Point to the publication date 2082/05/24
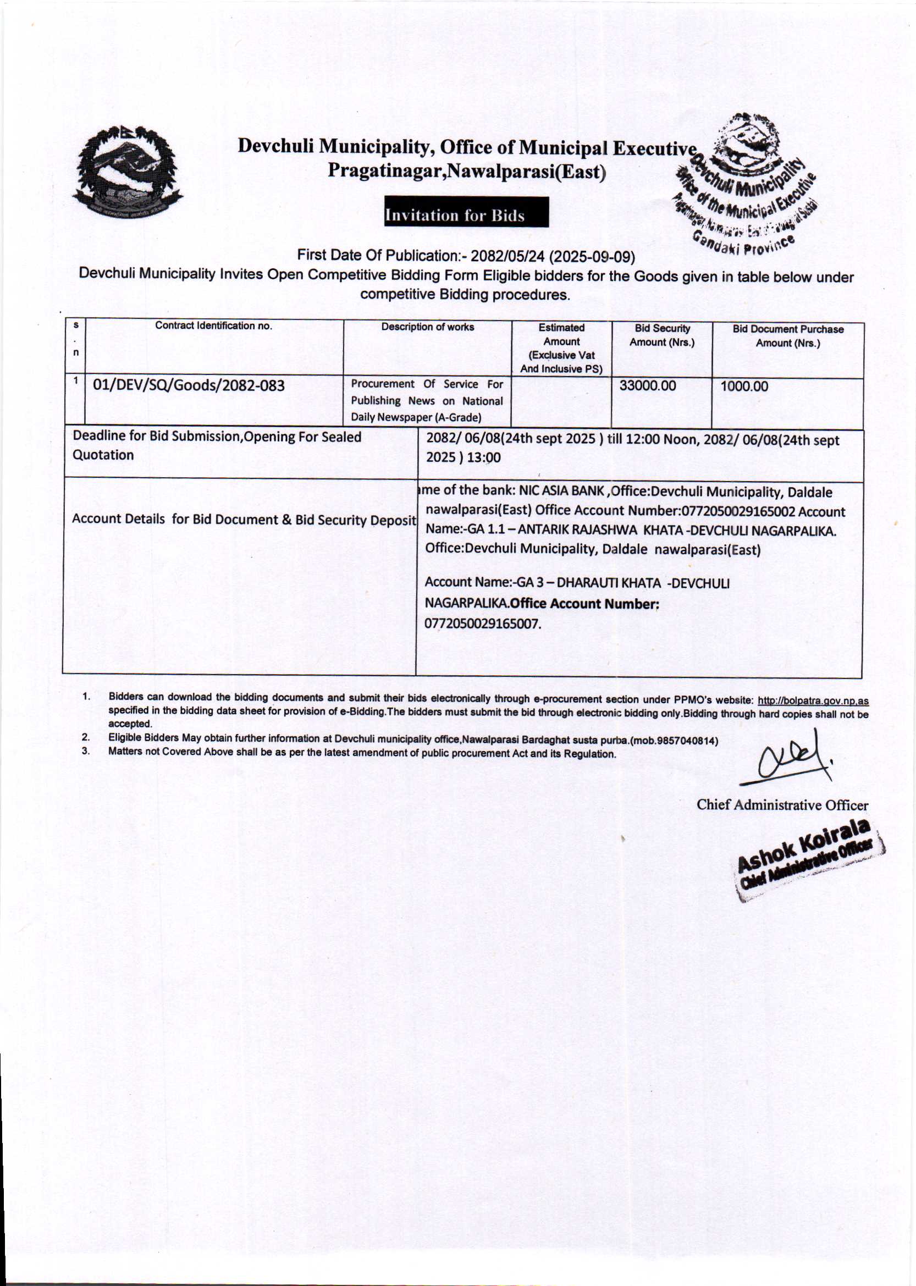tap(507, 257)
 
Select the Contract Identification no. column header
tap(213, 325)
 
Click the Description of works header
tap(428, 327)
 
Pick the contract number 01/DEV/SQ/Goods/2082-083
tap(189, 386)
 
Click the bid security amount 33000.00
tap(647, 386)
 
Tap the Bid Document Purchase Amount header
tap(787, 336)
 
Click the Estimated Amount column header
tap(561, 348)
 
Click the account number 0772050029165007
tap(482, 624)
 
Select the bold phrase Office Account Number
tap(584, 604)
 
